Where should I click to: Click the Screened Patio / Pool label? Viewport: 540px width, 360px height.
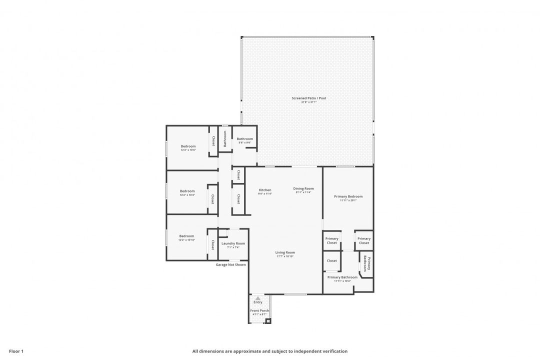308,98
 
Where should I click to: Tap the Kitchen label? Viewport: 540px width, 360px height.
265,190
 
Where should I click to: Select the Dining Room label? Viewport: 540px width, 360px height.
303,188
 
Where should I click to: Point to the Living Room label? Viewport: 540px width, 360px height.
285,252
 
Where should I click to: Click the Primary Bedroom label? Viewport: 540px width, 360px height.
348,196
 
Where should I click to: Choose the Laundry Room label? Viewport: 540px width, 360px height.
233,243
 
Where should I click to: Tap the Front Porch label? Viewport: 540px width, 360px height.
259,311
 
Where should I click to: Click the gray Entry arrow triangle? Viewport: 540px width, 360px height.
258,298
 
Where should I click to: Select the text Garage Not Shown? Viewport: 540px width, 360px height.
230,264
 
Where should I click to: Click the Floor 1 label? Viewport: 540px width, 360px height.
16,351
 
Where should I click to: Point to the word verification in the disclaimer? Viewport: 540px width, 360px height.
335,351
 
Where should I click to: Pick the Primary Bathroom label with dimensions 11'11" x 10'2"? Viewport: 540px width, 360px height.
342,277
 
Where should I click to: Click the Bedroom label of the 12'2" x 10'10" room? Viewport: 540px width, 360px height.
186,236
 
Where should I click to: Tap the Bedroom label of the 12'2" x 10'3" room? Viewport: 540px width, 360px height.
187,191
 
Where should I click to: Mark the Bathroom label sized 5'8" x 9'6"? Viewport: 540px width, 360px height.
245,139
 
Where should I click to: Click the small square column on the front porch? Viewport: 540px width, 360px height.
268,321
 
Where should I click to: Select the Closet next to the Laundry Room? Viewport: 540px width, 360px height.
212,244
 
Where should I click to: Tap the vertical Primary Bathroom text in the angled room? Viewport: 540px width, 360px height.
367,263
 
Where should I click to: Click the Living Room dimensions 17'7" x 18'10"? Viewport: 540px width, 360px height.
284,256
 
